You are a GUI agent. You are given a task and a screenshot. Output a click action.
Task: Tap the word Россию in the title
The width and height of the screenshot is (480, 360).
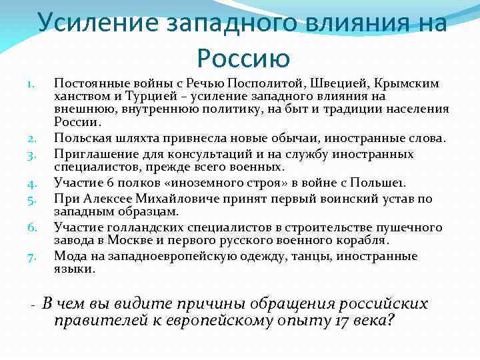coord(243,58)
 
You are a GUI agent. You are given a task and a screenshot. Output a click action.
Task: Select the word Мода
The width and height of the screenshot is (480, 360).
coord(69,256)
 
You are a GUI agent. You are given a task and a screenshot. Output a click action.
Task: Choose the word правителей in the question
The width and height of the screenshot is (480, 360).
coord(96,321)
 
